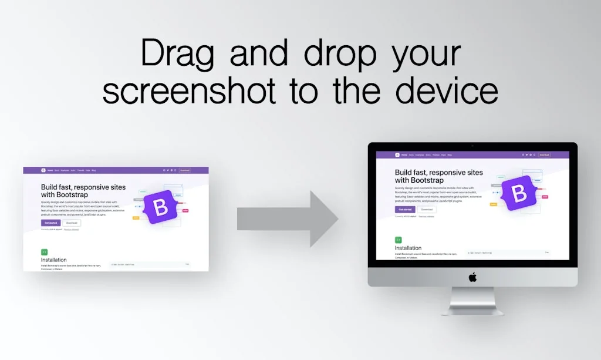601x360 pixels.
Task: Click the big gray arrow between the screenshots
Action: click(x=288, y=219)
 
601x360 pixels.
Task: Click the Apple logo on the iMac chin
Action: click(x=472, y=277)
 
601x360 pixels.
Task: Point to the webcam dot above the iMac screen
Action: click(x=472, y=146)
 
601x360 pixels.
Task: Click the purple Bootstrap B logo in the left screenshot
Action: click(x=160, y=207)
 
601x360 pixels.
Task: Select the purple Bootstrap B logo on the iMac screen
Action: click(x=519, y=192)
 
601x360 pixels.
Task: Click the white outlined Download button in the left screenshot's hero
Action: click(x=72, y=223)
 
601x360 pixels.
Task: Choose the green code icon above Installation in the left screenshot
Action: click(x=44, y=252)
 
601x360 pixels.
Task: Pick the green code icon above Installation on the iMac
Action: click(x=398, y=240)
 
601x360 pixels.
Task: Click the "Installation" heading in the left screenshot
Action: click(x=54, y=260)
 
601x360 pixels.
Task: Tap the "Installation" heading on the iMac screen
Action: click(x=408, y=248)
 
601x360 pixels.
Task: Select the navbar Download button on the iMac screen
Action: click(x=544, y=155)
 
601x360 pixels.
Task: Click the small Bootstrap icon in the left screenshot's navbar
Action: click(x=43, y=170)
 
